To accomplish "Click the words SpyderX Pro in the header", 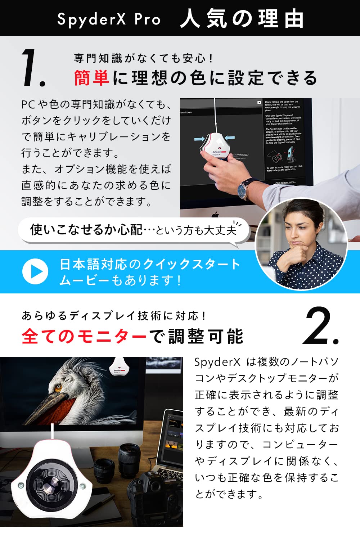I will pos(109,19).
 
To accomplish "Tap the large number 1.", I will pos(32,68).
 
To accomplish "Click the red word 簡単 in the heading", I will pos(91,78).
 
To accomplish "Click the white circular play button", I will pos(35,271).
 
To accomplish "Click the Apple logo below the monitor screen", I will pos(215,215).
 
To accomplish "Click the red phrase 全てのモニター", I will pos(84,337).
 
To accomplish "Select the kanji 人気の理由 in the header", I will pos(242,19).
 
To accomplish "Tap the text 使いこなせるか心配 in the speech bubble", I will pos(86,229).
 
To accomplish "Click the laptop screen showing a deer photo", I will pos(173,437).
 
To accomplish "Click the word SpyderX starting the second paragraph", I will pos(217,362).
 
